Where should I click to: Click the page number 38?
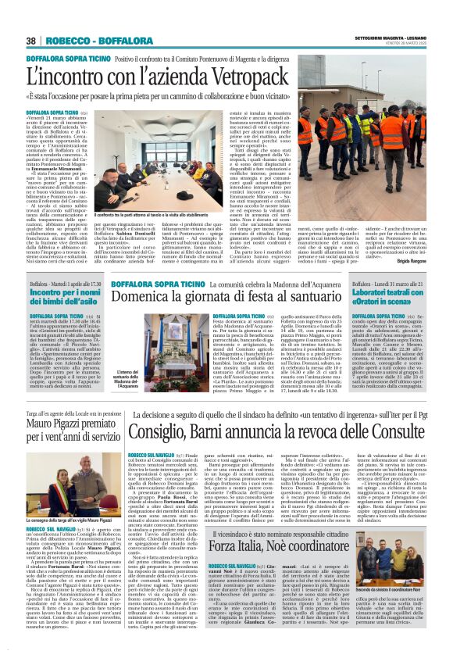[x=31, y=41]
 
